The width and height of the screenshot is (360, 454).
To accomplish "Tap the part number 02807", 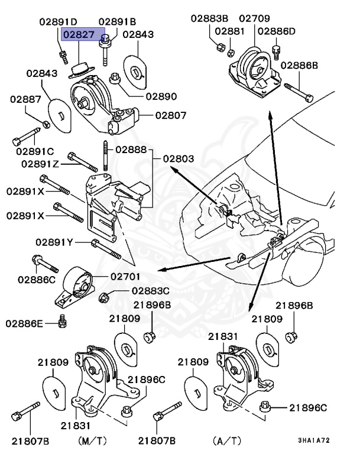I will pyautogui.click(x=171, y=115).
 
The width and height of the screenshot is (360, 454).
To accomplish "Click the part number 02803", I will pyautogui.click(x=179, y=158).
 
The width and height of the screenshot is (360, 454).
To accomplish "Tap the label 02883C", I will pyautogui.click(x=151, y=291).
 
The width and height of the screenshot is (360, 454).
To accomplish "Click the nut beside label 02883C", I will pyautogui.click(x=105, y=296).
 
